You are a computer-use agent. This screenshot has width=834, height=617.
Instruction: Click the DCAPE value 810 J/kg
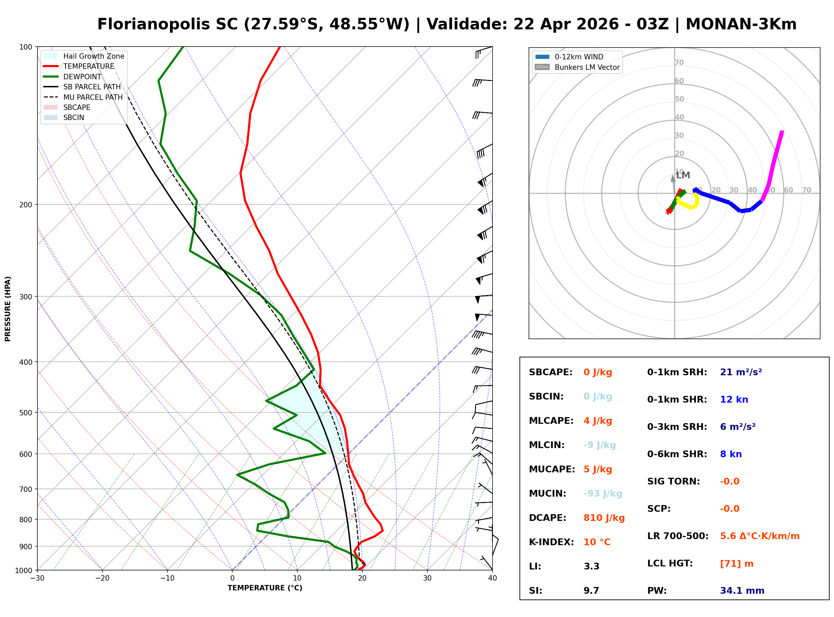click(x=604, y=518)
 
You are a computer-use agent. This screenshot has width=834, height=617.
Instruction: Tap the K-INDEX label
click(x=551, y=542)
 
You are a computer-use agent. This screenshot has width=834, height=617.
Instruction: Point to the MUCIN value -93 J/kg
click(x=602, y=493)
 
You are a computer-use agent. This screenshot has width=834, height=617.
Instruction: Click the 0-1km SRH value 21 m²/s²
click(x=741, y=372)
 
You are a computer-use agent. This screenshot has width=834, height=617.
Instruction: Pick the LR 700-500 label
click(x=678, y=536)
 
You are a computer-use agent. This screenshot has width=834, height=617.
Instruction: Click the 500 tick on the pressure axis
click(x=26, y=413)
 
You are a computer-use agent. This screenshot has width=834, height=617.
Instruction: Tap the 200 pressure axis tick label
click(x=26, y=205)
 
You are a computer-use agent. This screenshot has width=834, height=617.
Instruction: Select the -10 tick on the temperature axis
click(x=167, y=578)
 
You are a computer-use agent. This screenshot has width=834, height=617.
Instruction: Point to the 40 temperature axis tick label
click(x=492, y=578)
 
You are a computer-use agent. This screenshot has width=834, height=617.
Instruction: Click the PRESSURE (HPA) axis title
click(x=8, y=308)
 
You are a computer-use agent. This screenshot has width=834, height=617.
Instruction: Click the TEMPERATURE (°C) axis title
click(x=265, y=588)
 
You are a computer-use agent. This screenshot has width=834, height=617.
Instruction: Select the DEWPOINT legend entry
click(x=82, y=77)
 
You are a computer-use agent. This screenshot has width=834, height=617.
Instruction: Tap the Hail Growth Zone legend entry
click(x=93, y=56)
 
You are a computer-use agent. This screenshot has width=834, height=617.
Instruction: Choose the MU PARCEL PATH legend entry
click(x=93, y=97)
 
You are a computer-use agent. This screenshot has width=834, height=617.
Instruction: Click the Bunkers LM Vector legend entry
click(x=587, y=67)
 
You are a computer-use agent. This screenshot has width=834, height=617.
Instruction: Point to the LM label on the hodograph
click(x=682, y=175)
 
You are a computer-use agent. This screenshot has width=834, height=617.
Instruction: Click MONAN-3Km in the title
click(x=741, y=24)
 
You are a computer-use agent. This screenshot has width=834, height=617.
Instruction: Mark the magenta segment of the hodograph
click(x=775, y=160)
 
